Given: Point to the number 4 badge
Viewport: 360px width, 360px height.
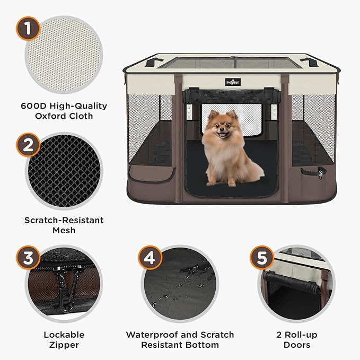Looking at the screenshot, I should point(150,258).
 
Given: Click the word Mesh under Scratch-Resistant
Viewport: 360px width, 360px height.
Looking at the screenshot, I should point(64,230).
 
